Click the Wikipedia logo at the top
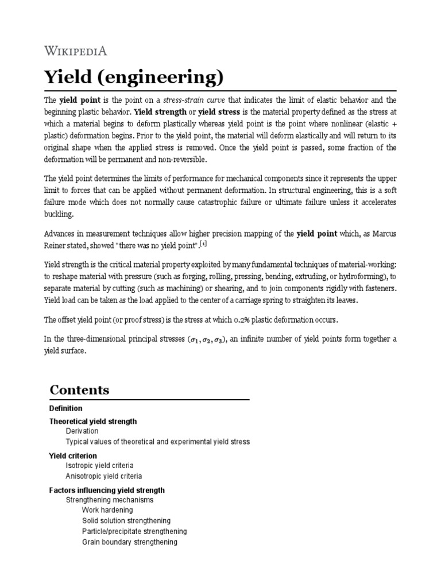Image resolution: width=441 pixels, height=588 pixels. [x=76, y=51]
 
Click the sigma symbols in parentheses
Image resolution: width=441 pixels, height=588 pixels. [x=208, y=339]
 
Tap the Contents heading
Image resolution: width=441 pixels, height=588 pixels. [x=79, y=390]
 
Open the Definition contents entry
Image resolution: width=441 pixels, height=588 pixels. [x=66, y=408]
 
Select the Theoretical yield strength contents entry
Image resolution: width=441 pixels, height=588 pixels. [x=93, y=421]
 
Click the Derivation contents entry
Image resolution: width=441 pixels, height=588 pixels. [x=82, y=431]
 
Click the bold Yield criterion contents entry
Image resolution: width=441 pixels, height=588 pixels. [x=73, y=455]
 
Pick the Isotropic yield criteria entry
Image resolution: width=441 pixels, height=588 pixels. [x=99, y=466]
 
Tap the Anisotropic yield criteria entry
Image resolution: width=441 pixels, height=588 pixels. [x=104, y=476]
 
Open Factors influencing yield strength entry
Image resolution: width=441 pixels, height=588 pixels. [x=107, y=490]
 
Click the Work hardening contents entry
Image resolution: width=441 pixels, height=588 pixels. [x=107, y=510]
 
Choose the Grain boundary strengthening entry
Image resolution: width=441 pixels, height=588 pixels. [x=130, y=542]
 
